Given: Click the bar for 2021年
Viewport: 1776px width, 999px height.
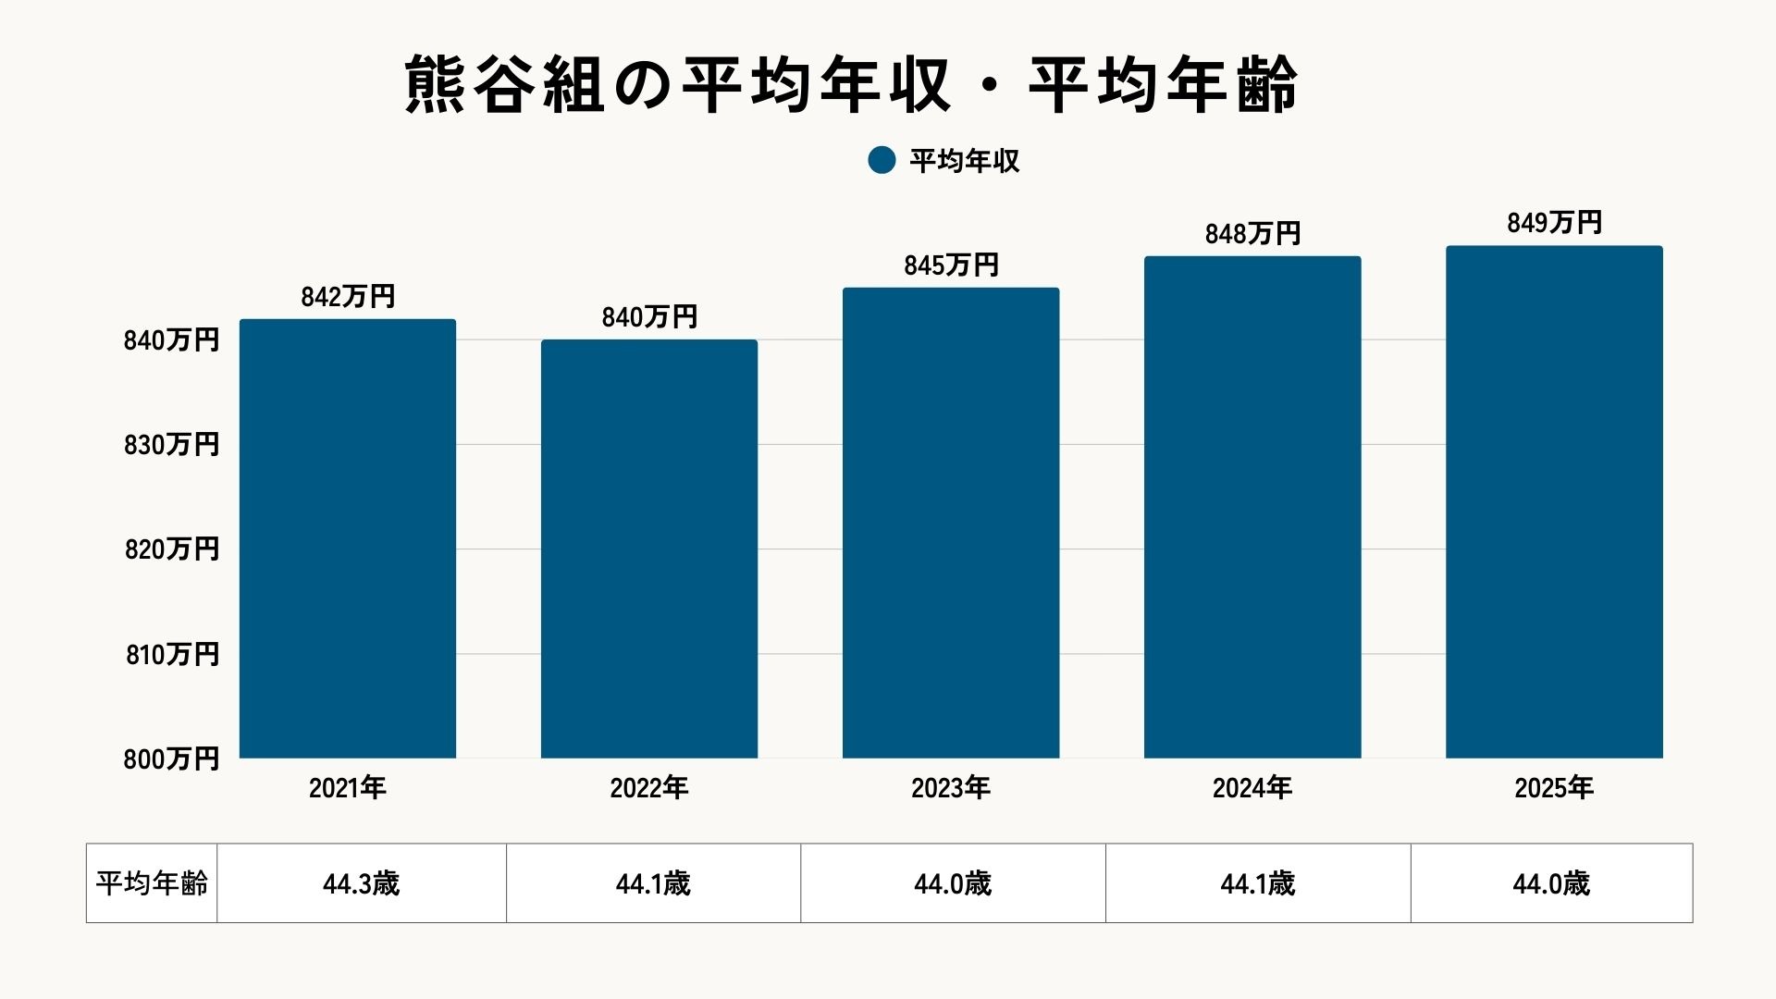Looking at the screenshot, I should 348,538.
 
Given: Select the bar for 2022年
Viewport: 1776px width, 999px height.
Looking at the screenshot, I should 649,549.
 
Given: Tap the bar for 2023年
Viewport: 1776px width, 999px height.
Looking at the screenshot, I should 951,523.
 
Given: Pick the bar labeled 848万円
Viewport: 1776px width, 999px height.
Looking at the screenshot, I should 1252,507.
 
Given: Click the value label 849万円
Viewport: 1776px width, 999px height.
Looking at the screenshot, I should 1554,223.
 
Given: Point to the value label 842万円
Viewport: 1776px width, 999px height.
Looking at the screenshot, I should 348,297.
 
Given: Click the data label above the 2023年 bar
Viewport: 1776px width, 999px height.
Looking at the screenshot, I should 951,265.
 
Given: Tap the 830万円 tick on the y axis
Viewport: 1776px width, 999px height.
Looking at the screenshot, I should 172,445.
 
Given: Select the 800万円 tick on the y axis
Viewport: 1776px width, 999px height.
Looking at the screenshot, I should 172,759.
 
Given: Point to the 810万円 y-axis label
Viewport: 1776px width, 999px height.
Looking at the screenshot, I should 172,655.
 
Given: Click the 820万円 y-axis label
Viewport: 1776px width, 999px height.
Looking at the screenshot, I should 172,549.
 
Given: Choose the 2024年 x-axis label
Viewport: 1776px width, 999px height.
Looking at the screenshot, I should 1252,788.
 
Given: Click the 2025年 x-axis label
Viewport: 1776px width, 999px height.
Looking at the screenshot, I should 1554,788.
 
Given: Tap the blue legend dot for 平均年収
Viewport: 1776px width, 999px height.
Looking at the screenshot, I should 882,160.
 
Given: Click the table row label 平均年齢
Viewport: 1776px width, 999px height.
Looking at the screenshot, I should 152,883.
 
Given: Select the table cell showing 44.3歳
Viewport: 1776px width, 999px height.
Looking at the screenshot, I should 361,883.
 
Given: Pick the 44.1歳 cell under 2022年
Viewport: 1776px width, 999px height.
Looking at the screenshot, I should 653,883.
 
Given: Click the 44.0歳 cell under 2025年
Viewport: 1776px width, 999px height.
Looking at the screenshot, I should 1551,883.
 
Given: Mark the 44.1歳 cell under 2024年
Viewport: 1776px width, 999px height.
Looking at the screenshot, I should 1257,883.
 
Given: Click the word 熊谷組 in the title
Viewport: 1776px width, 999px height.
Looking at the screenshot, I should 504,85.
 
